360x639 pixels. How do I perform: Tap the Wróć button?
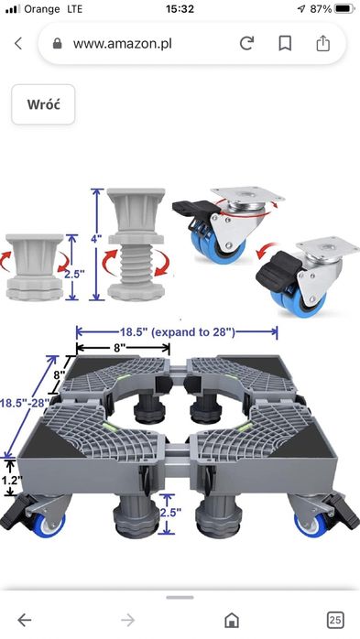pyautogui.click(x=43, y=104)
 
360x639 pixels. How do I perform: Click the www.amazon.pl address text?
pyautogui.click(x=123, y=44)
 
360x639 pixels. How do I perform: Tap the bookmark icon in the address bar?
pyautogui.click(x=285, y=43)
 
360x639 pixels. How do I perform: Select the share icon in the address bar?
pyautogui.click(x=322, y=43)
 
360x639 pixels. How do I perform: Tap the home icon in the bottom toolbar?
pyautogui.click(x=232, y=620)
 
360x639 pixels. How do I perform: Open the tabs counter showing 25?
pyautogui.click(x=335, y=620)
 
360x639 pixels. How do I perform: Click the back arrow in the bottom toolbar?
pyautogui.click(x=24, y=620)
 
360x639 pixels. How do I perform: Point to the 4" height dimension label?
pyautogui.click(x=96, y=239)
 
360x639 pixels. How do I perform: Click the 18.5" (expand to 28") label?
pyautogui.click(x=178, y=332)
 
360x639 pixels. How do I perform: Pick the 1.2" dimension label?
pyautogui.click(x=11, y=480)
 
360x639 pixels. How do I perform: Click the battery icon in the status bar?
pyautogui.click(x=344, y=8)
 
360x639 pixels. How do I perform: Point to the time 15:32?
pyautogui.click(x=180, y=8)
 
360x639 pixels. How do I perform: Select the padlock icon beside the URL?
pyautogui.click(x=58, y=44)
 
